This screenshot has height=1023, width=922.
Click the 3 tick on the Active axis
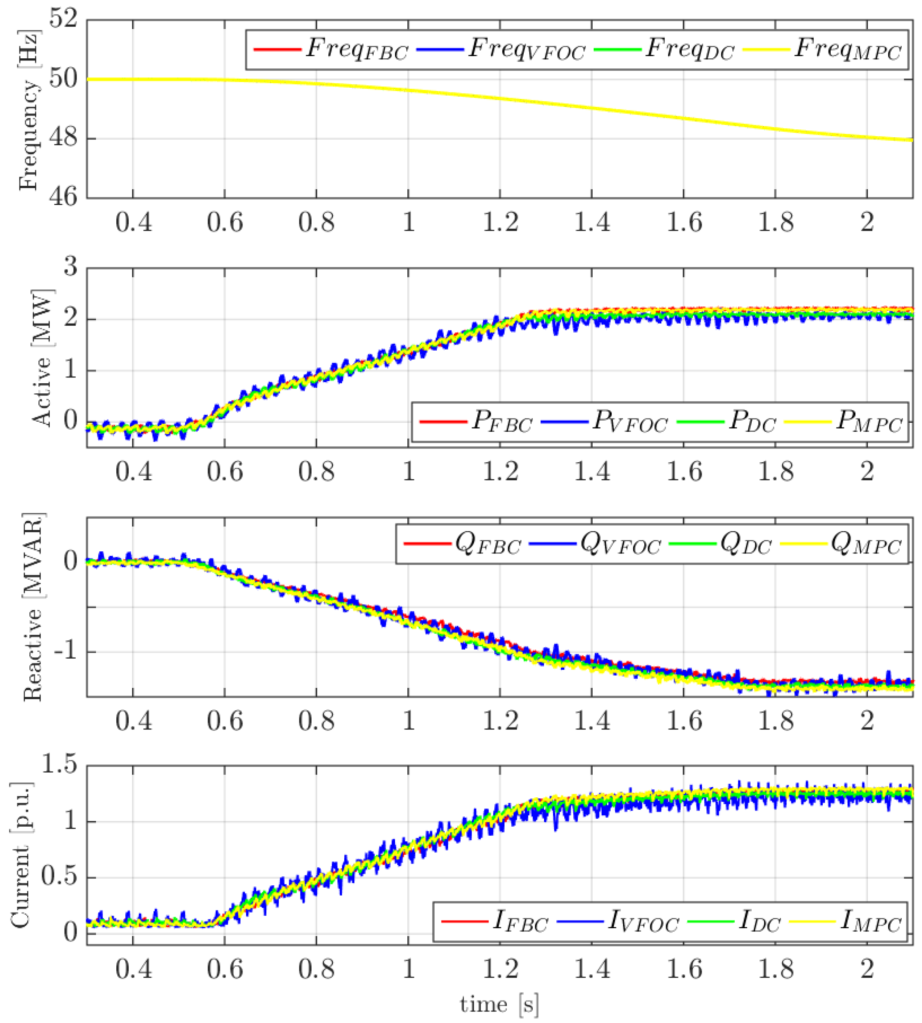[71, 266]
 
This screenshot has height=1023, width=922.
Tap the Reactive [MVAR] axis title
[33, 608]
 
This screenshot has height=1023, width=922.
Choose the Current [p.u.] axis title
[20, 856]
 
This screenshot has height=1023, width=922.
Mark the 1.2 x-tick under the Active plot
[500, 472]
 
